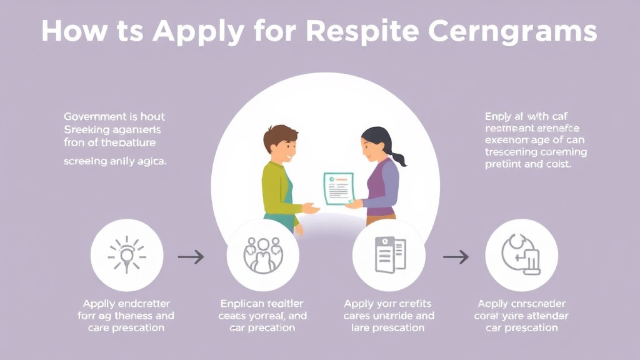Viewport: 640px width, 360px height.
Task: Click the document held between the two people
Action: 338,188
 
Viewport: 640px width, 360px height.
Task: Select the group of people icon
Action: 262,255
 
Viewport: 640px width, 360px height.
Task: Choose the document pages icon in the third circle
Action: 388,255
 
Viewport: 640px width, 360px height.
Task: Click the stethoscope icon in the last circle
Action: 521,255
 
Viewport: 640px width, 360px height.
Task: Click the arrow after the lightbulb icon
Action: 191,256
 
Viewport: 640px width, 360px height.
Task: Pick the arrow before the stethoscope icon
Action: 456,256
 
